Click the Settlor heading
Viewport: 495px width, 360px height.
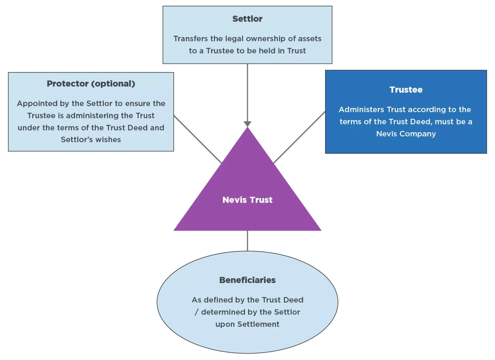[x=247, y=19]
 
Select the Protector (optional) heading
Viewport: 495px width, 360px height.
[x=91, y=84]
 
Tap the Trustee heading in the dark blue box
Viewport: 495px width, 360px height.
[x=406, y=90]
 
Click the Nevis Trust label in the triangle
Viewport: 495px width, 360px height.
[x=247, y=200]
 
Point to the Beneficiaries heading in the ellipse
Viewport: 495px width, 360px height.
[x=247, y=280]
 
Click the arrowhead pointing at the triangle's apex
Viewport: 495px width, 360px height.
[x=247, y=124]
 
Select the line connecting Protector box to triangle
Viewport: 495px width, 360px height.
[x=197, y=139]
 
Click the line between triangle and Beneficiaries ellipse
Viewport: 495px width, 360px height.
[x=247, y=241]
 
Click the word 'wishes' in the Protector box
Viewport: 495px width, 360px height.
[x=110, y=140]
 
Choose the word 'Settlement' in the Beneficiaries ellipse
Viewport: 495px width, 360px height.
[x=258, y=324]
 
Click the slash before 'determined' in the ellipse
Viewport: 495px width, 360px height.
[x=196, y=312]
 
